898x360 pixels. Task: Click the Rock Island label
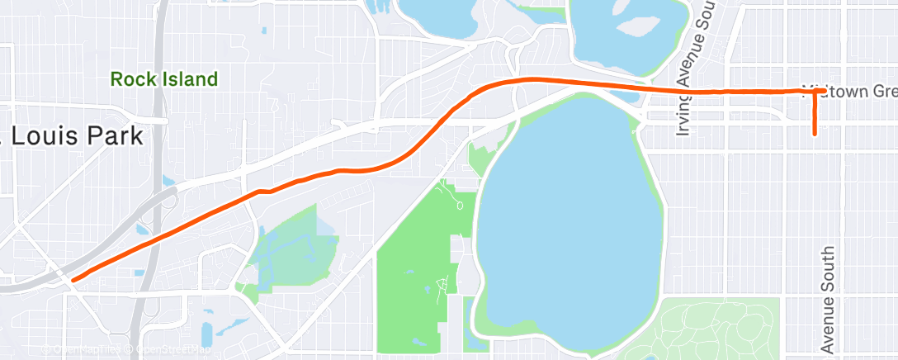(164, 80)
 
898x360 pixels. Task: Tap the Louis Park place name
(74, 136)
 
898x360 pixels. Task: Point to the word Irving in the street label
(682, 115)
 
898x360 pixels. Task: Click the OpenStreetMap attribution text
(174, 349)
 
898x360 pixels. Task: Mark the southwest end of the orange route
(74, 280)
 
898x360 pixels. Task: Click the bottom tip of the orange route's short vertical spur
(815, 133)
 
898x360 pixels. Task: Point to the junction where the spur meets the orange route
(815, 91)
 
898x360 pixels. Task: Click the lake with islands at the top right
(627, 33)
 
